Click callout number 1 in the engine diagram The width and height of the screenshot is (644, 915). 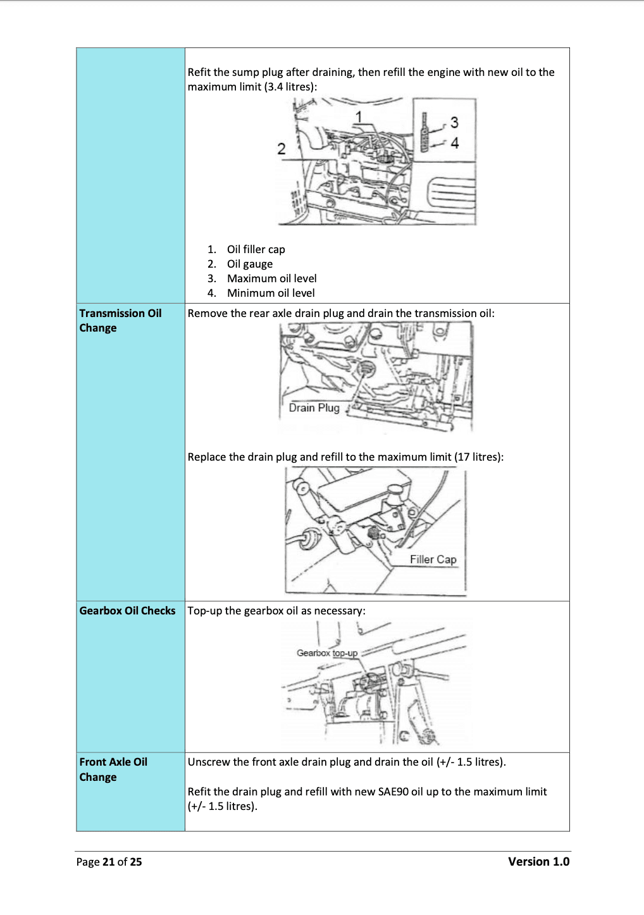click(x=359, y=116)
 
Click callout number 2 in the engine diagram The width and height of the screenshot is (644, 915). click(x=282, y=149)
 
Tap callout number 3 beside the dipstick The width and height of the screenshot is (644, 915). click(x=454, y=122)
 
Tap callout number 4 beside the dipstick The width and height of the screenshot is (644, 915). click(x=454, y=143)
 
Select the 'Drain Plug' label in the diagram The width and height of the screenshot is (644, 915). click(x=314, y=408)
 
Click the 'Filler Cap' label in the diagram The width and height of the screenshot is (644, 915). click(x=433, y=559)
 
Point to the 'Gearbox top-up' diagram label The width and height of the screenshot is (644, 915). click(x=327, y=653)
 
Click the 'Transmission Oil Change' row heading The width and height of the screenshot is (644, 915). click(x=120, y=320)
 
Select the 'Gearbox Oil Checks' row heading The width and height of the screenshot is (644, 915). click(x=127, y=611)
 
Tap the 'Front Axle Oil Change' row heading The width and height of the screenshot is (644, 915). click(x=113, y=769)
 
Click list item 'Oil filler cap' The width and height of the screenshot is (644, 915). click(x=256, y=249)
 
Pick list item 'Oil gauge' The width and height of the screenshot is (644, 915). click(x=250, y=264)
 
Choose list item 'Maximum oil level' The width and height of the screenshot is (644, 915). click(x=271, y=278)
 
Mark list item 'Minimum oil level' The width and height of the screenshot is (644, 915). click(x=271, y=293)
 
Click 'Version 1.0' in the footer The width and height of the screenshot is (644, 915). click(x=538, y=861)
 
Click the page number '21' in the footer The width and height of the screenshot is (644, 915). click(x=108, y=862)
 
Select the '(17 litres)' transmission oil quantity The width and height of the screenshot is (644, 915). click(x=478, y=457)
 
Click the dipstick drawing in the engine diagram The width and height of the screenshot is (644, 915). click(x=426, y=133)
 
